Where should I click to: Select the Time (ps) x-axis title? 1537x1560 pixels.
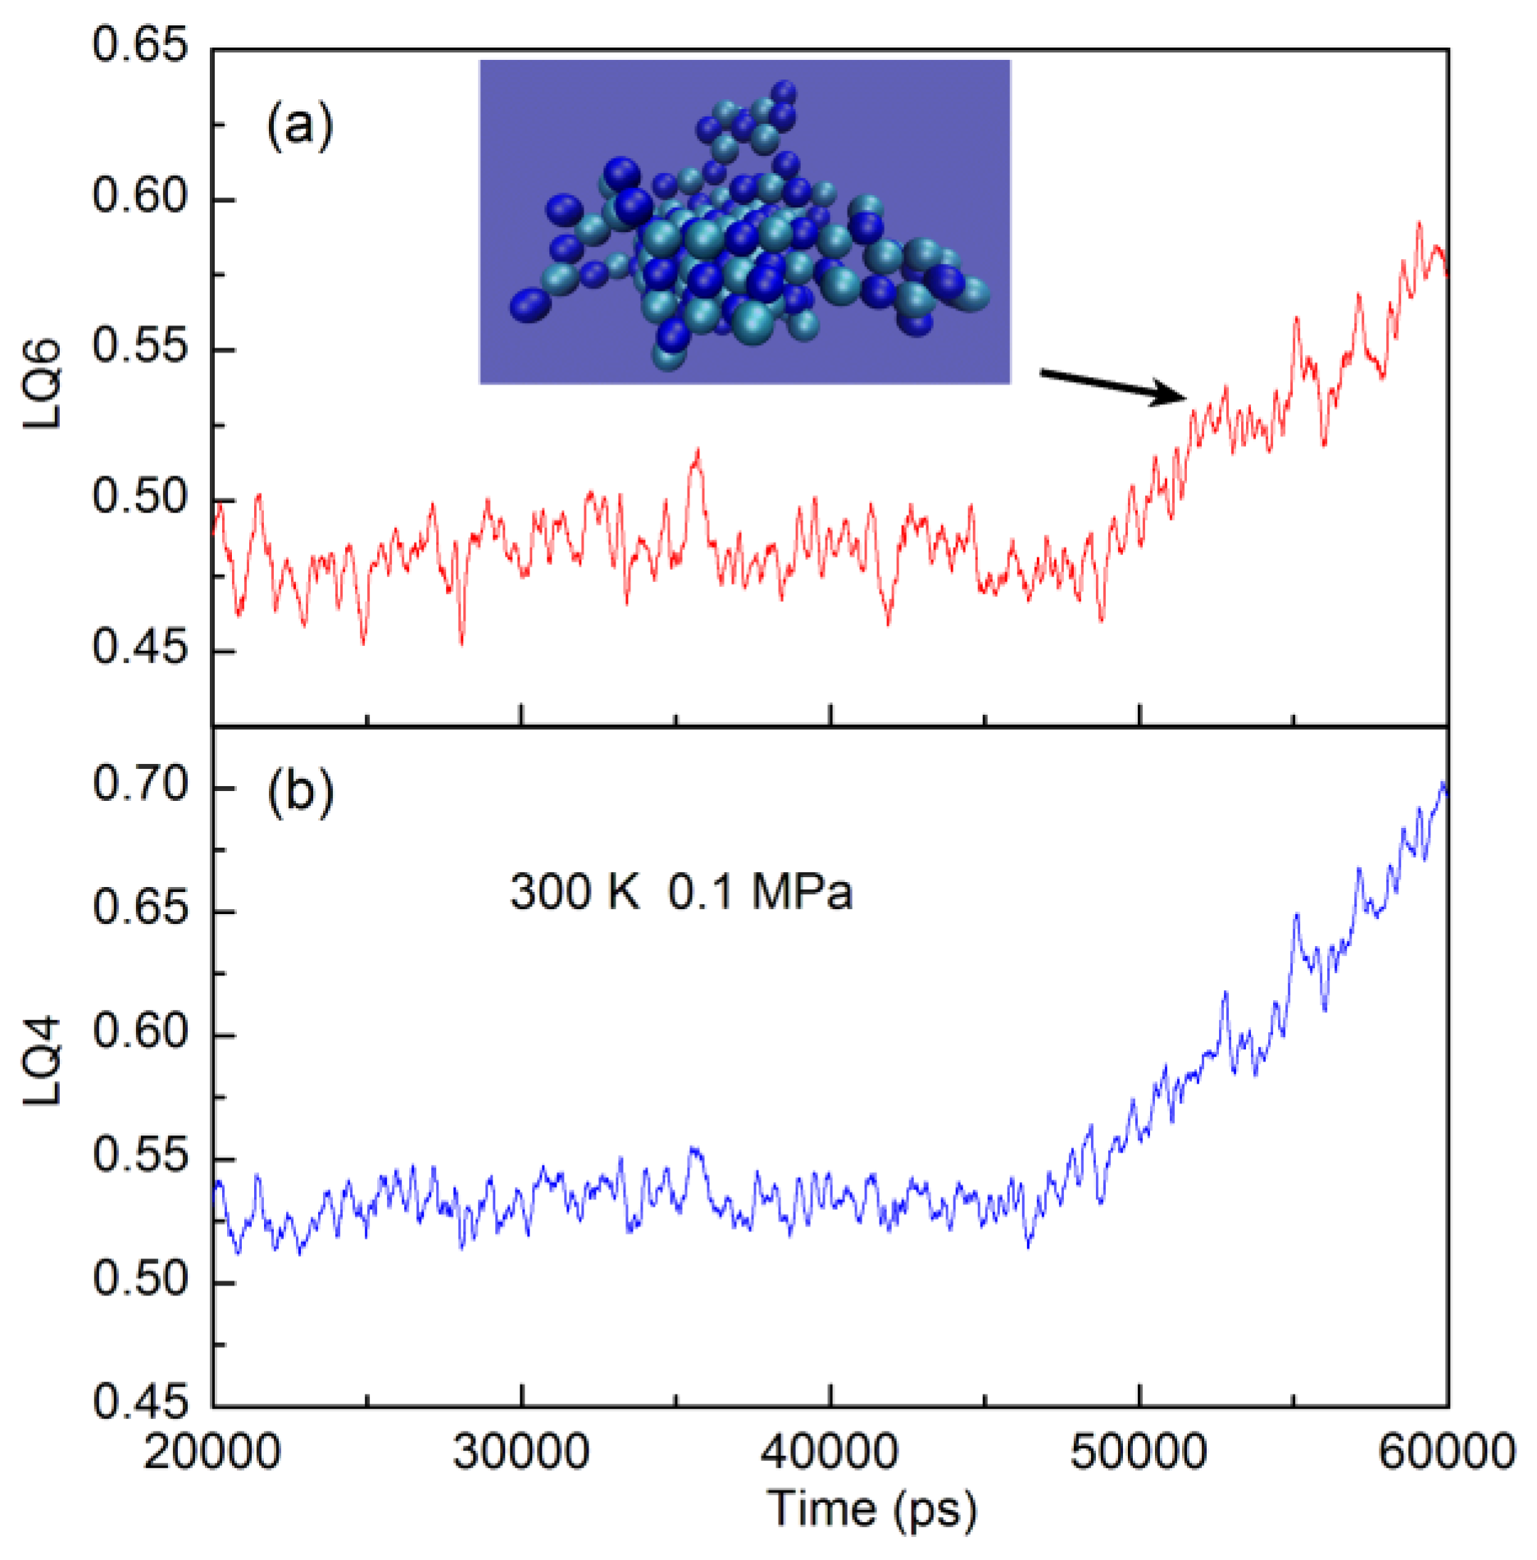[x=872, y=1508]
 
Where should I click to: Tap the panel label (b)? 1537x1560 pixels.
[x=300, y=793]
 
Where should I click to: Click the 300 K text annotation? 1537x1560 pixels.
[x=574, y=892]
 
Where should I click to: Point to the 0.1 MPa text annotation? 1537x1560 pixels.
[x=760, y=892]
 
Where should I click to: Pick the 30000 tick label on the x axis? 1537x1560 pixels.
[x=521, y=1452]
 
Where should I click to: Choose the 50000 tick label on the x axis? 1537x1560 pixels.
[x=1139, y=1452]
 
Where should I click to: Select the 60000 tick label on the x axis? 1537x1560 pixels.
[x=1447, y=1452]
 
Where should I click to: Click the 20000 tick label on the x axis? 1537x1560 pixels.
[x=212, y=1452]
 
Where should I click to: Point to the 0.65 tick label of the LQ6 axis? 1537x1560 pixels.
[x=139, y=45]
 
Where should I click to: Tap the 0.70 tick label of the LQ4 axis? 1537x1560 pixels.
[x=140, y=785]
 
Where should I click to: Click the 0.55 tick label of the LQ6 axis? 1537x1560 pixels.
[x=139, y=347]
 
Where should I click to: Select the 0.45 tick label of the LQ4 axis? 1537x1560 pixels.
[x=140, y=1404]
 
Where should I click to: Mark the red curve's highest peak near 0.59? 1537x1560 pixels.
[x=1419, y=222]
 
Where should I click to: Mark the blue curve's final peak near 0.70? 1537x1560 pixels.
[x=1444, y=784]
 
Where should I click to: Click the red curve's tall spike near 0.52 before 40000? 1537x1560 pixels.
[x=698, y=450]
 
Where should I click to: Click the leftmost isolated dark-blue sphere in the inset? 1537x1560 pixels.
[x=530, y=305]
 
